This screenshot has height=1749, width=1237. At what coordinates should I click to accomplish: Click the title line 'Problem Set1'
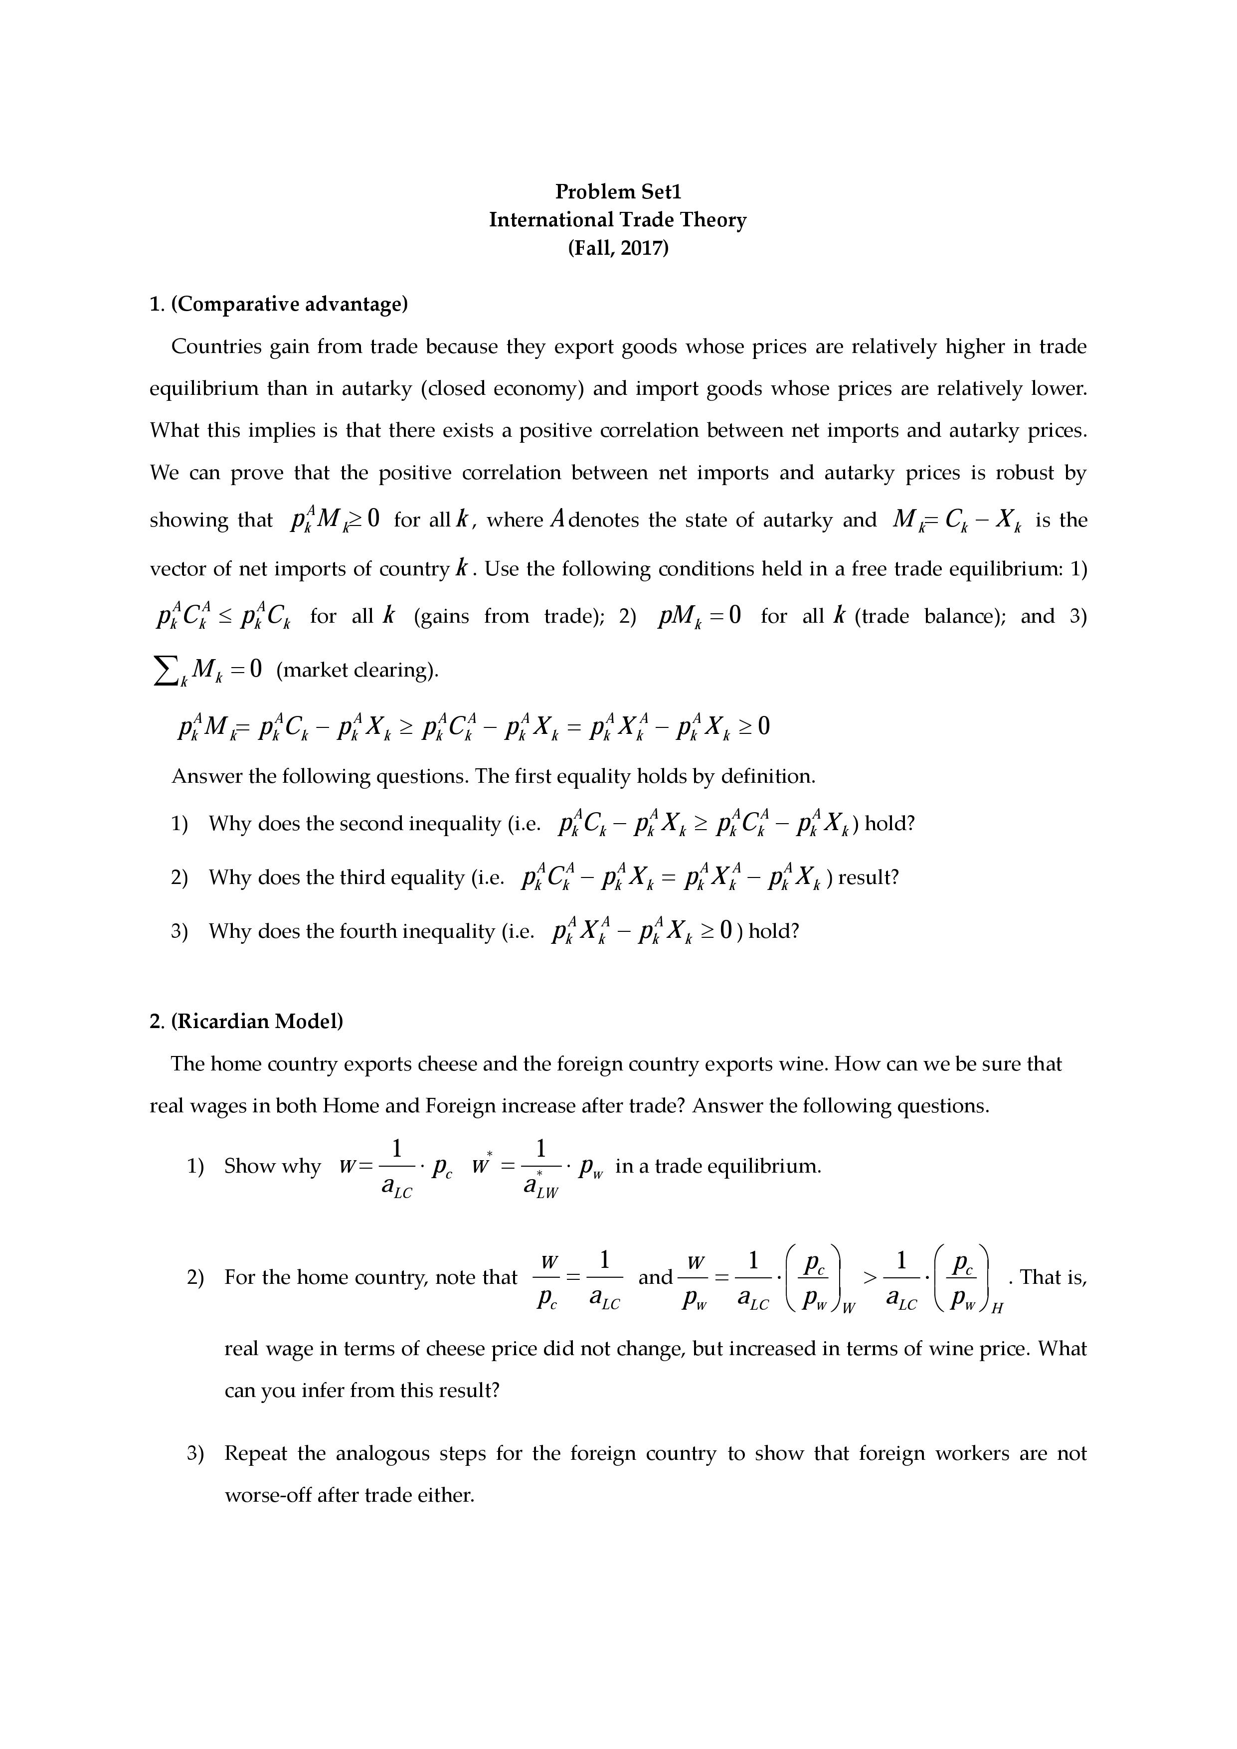618,191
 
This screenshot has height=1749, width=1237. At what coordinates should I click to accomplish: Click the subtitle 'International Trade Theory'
618,220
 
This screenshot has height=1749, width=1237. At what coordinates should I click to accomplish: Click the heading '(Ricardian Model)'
257,1022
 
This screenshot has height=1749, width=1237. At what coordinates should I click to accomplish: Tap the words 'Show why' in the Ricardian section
272,1166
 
